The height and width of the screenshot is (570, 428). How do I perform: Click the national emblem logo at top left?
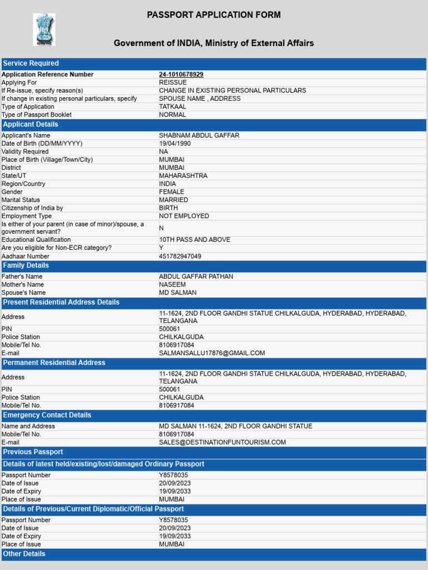pyautogui.click(x=44, y=30)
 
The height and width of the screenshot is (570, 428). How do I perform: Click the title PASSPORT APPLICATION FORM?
pyautogui.click(x=214, y=15)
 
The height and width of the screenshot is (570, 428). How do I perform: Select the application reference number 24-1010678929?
pyautogui.click(x=181, y=75)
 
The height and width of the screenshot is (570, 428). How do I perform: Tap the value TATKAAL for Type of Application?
pyautogui.click(x=173, y=107)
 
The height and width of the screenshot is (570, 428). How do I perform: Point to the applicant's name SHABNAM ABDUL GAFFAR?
pyautogui.click(x=199, y=136)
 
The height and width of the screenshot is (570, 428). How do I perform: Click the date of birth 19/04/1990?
pyautogui.click(x=175, y=144)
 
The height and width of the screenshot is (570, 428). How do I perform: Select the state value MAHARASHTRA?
pyautogui.click(x=183, y=176)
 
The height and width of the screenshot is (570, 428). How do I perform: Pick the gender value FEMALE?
pyautogui.click(x=172, y=192)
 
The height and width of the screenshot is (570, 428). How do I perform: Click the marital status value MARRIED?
pyautogui.click(x=173, y=200)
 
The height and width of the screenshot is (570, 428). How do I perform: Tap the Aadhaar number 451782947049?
pyautogui.click(x=180, y=257)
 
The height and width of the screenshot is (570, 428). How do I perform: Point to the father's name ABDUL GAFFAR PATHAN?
pyautogui.click(x=196, y=277)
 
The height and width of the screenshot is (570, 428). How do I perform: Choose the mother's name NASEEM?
pyautogui.click(x=172, y=284)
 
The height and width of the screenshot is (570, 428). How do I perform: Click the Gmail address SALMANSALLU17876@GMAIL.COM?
pyautogui.click(x=212, y=353)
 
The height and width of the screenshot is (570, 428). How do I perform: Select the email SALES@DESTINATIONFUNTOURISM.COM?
pyautogui.click(x=222, y=443)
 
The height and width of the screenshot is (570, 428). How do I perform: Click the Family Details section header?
pyautogui.click(x=26, y=266)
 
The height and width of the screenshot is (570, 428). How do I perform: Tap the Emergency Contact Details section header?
pyautogui.click(x=47, y=415)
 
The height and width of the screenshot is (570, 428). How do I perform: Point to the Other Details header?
pyautogui.click(x=25, y=554)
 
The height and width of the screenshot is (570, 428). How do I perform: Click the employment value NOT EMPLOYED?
pyautogui.click(x=184, y=216)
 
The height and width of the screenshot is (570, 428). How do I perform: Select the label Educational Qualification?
pyautogui.click(x=36, y=240)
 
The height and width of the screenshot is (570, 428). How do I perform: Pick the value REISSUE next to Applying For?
pyautogui.click(x=173, y=82)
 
